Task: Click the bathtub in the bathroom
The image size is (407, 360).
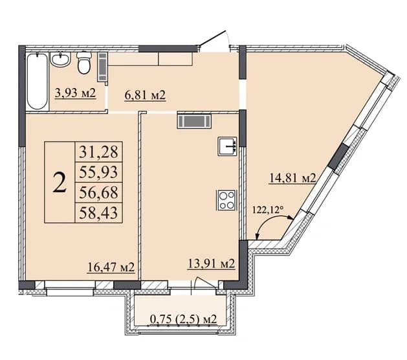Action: pos(38,82)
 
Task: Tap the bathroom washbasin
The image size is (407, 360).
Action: pos(60,60)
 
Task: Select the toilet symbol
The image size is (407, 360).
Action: pos(84,62)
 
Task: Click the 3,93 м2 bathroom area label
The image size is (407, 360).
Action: pos(76,93)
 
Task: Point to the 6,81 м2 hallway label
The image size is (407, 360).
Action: pos(145,95)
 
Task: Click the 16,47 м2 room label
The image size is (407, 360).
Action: pos(111,267)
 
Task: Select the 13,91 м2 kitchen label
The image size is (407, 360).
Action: pos(212,264)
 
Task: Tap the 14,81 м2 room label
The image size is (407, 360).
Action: pos(292,179)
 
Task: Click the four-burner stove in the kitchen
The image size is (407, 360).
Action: pos(226,200)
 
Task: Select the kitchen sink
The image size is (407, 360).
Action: pos(227,146)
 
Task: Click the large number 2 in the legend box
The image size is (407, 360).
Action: pos(60,183)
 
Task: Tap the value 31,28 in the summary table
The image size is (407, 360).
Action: pos(98,152)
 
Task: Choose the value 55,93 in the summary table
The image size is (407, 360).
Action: pos(98,172)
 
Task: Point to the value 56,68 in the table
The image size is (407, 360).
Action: pos(98,192)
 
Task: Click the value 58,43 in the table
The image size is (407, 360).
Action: pos(98,213)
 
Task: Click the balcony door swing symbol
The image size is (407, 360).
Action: pos(205,282)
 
